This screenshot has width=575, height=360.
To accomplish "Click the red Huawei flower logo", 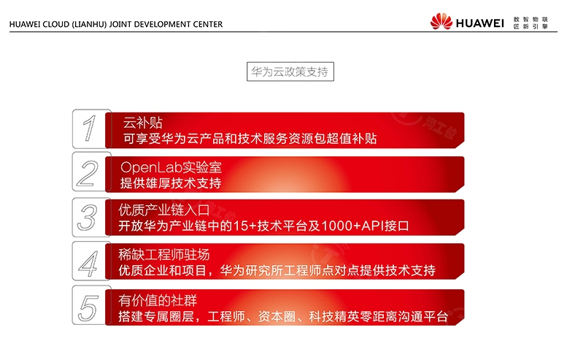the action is click(x=441, y=21).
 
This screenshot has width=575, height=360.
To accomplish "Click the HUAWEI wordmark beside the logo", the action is click(x=479, y=23).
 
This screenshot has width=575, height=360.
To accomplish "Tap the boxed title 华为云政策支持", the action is click(x=290, y=72).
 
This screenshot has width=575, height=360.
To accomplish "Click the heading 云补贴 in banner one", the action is click(x=142, y=123).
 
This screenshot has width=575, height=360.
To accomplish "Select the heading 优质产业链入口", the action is click(x=163, y=210).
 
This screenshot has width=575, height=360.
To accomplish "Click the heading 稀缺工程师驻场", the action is click(x=163, y=254).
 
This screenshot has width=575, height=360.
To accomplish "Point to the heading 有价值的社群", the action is click(x=158, y=301).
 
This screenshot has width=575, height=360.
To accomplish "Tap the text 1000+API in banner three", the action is click(x=352, y=226).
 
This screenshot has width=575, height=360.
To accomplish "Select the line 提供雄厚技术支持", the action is click(x=171, y=183).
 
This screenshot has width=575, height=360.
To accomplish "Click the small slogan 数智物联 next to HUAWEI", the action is click(x=530, y=19).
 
